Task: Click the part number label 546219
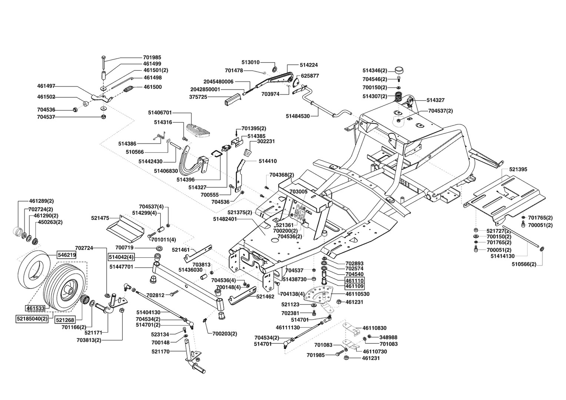click(67, 255)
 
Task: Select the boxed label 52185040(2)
click(32, 319)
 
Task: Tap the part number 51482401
click(225, 219)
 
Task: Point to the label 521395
click(518, 169)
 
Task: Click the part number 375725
click(198, 97)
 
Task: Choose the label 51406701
click(160, 113)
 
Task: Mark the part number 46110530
click(357, 294)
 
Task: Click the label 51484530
click(298, 116)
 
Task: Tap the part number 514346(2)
click(375, 70)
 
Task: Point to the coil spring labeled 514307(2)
click(399, 97)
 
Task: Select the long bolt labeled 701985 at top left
click(104, 62)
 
